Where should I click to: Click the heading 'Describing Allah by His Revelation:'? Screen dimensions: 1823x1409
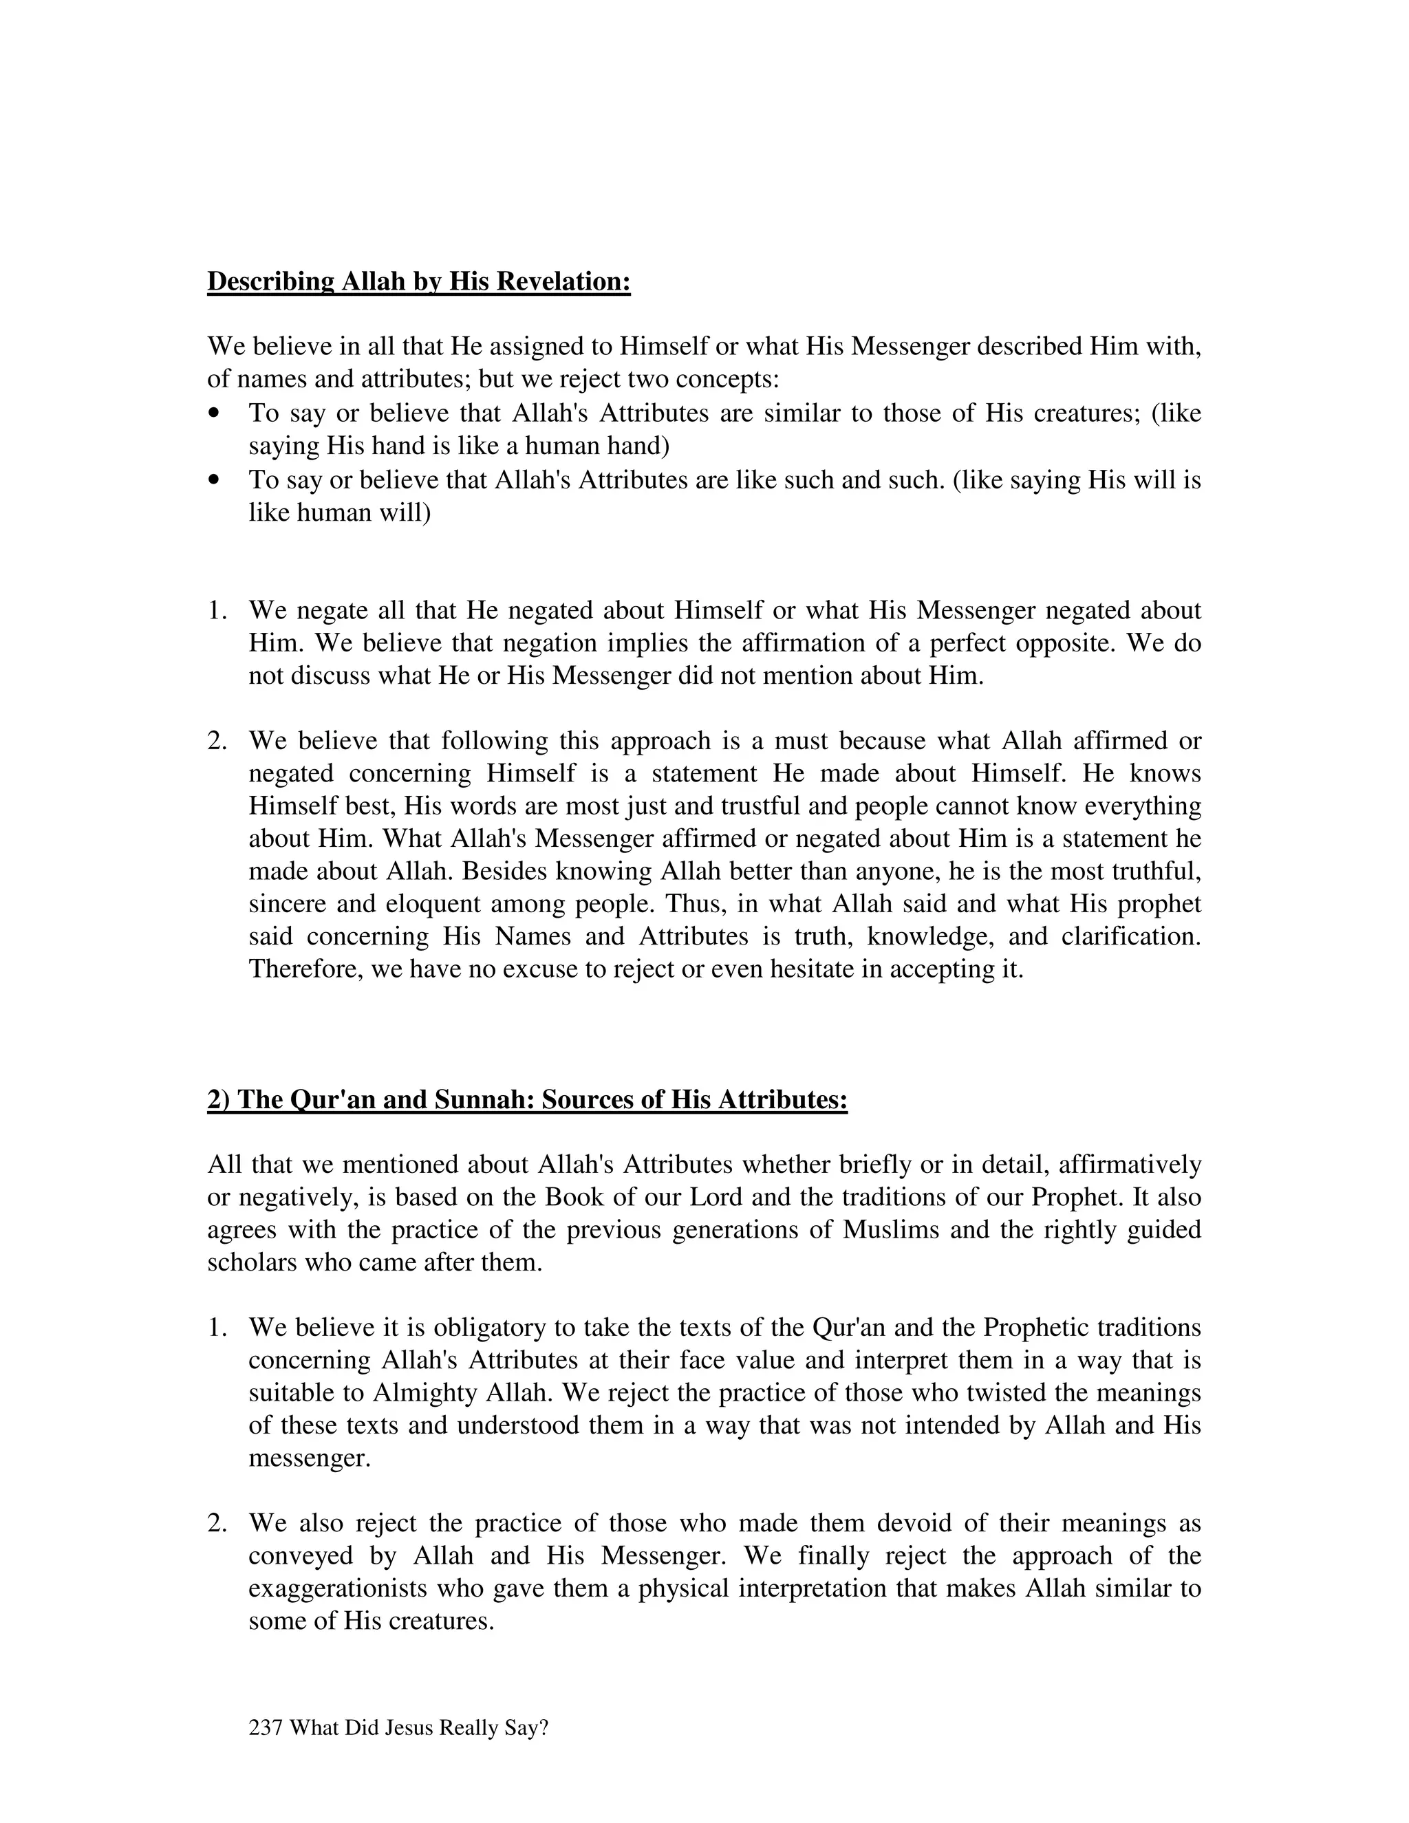pos(418,281)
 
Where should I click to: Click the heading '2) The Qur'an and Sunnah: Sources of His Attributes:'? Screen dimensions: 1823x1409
pos(527,1099)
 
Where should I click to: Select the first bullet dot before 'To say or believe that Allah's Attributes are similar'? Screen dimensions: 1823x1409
pos(215,413)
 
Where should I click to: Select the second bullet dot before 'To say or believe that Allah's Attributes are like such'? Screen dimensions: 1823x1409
pos(215,480)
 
